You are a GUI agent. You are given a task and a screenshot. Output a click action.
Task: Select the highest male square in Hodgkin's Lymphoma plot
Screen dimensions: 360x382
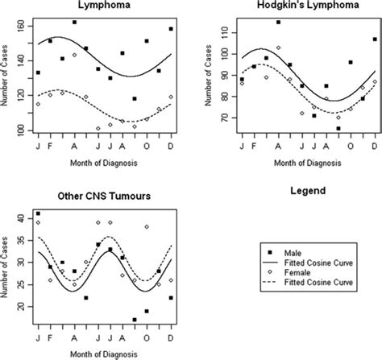[x=278, y=23]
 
